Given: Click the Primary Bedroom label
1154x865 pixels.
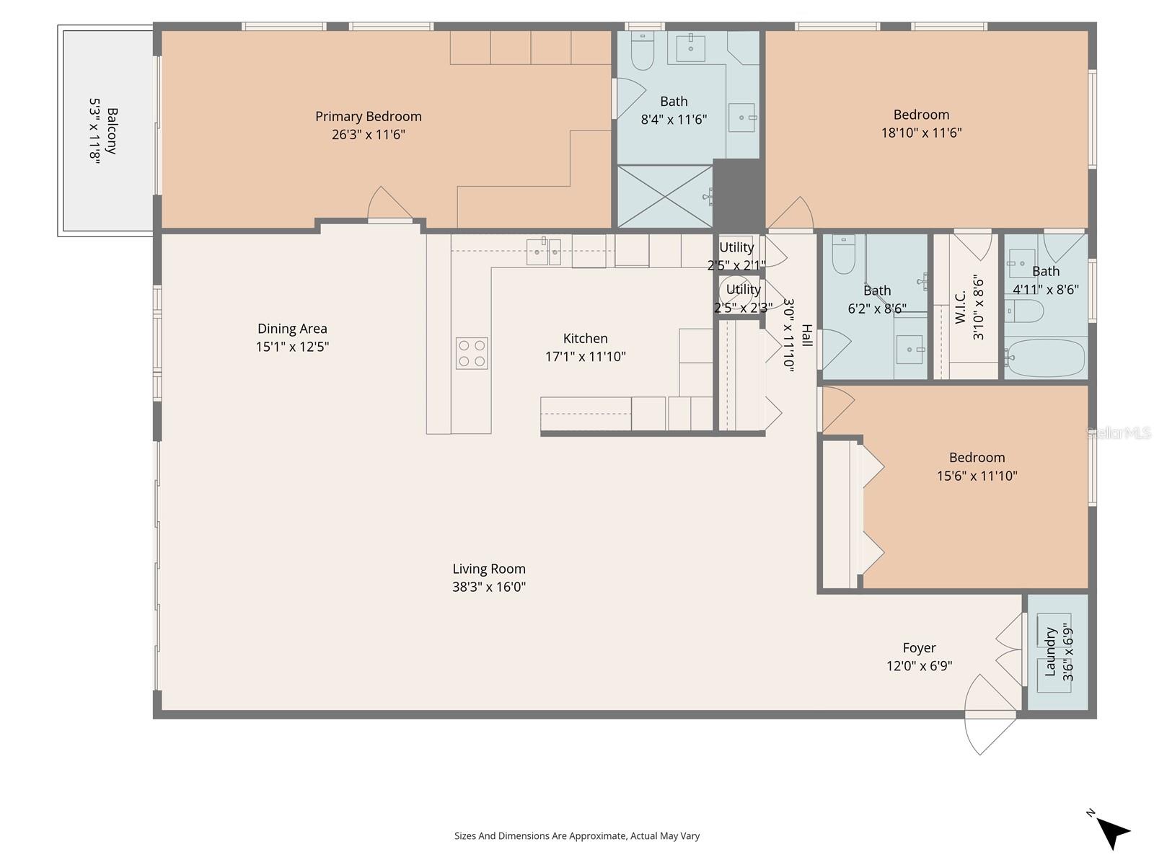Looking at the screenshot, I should pyautogui.click(x=368, y=116).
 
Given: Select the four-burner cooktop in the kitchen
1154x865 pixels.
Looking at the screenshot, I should pyautogui.click(x=472, y=353).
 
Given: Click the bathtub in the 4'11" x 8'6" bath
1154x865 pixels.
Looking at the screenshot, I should pyautogui.click(x=1045, y=358).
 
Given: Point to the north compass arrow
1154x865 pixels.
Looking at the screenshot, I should pyautogui.click(x=1113, y=833).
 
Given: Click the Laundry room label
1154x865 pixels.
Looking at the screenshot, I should pyautogui.click(x=1050, y=652).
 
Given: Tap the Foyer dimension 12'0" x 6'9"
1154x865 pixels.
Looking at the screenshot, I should pyautogui.click(x=919, y=666).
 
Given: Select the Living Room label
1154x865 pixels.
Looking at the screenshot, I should pyautogui.click(x=489, y=569).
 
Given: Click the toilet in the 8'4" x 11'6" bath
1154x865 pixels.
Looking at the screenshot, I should pyautogui.click(x=642, y=50).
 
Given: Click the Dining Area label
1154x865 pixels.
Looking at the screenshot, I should pyautogui.click(x=292, y=329).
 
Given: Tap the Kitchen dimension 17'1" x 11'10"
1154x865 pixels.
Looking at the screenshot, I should pyautogui.click(x=585, y=356).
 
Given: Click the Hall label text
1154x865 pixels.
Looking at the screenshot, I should pyautogui.click(x=807, y=335).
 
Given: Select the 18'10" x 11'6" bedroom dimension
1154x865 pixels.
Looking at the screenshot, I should pyautogui.click(x=921, y=133).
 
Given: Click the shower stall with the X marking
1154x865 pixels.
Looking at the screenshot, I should pyautogui.click(x=665, y=196).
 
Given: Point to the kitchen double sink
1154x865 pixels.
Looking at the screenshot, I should pyautogui.click(x=544, y=252).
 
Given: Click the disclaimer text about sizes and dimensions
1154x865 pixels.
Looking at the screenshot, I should pyautogui.click(x=576, y=836).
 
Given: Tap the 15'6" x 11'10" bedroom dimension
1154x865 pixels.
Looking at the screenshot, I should pyautogui.click(x=977, y=476).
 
